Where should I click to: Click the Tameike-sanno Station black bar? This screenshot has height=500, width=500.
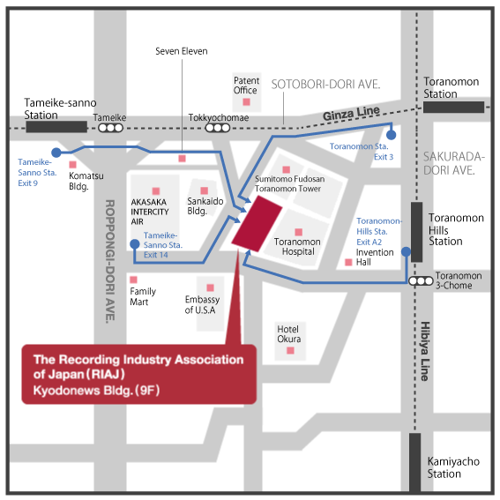click(56, 127)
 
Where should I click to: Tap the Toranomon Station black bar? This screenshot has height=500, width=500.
click(453, 108)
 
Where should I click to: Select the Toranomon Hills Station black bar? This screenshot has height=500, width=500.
click(416, 232)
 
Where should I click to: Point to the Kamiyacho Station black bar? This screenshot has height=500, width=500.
click(414, 462)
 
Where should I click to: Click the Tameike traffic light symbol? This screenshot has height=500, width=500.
click(110, 128)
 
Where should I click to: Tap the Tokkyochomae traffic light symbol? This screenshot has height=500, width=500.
click(218, 128)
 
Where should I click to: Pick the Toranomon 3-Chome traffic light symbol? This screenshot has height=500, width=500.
click(421, 281)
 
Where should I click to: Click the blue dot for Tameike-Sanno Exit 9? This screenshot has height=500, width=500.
click(56, 153)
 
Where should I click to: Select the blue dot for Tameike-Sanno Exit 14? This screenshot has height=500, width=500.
click(135, 244)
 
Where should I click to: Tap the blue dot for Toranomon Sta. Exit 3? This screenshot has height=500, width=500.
click(392, 135)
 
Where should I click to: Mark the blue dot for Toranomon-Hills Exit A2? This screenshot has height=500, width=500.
click(406, 252)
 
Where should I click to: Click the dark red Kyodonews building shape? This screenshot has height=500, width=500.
click(257, 223)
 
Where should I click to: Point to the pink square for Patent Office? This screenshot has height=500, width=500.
click(246, 101)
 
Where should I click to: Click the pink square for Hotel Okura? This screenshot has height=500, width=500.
click(290, 350)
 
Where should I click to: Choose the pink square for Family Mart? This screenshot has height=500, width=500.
click(133, 280)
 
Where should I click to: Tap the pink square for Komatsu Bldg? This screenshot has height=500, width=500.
click(72, 165)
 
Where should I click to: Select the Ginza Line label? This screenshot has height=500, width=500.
click(351, 114)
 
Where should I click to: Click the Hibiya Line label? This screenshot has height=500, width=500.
click(425, 351)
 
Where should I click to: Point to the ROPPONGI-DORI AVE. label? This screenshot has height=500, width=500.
click(109, 262)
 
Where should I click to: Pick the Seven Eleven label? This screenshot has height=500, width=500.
click(182, 51)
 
